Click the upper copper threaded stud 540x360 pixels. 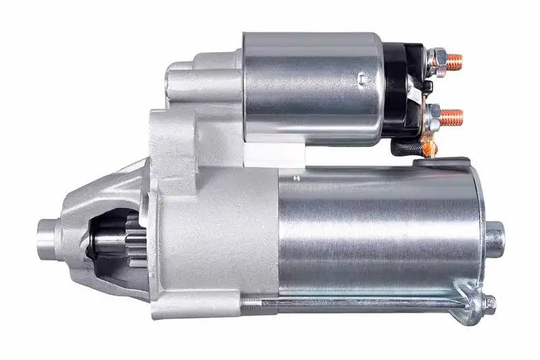pos(454,59)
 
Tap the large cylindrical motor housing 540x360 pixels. pos(378,230)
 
